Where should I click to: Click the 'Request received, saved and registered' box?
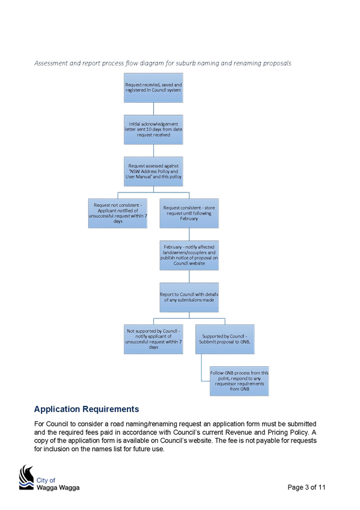[x=153, y=88]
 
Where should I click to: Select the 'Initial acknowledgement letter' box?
[x=153, y=129]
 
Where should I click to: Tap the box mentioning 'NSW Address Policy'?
[x=153, y=171]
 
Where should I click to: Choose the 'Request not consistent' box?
[x=118, y=214]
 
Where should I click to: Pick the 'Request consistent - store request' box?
[x=189, y=214]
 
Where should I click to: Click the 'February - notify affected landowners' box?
[x=189, y=256]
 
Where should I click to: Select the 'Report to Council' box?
[x=189, y=297]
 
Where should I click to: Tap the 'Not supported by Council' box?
[x=153, y=339]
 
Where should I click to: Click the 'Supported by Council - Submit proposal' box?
[x=225, y=339]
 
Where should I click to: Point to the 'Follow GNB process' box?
[x=239, y=381]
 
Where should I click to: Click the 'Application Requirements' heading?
[x=87, y=409]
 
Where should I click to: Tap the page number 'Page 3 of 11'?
[x=307, y=487]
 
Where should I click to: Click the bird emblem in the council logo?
[x=26, y=477]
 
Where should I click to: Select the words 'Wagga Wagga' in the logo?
[x=58, y=488]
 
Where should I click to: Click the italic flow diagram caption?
[x=163, y=63]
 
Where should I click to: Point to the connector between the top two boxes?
[x=153, y=109]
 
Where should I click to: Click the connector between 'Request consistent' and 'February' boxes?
[x=189, y=235]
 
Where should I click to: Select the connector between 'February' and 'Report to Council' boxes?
[x=189, y=277]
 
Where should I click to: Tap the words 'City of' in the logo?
[x=46, y=480]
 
